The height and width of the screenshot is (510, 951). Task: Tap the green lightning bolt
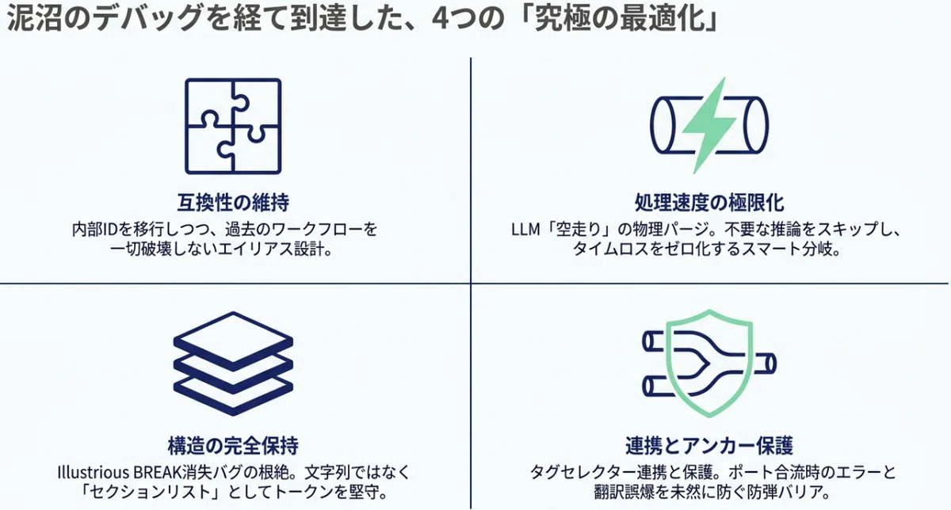(708, 126)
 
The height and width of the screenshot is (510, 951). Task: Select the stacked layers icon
(233, 363)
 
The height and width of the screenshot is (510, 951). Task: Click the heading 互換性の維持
(233, 203)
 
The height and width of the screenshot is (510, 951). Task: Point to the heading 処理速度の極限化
(709, 203)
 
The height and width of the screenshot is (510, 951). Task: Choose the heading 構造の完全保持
(233, 446)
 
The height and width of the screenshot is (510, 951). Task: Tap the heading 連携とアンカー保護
(709, 446)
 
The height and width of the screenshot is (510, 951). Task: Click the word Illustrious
(93, 472)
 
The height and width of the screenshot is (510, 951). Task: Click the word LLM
(525, 230)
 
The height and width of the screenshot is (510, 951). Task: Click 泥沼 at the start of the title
(35, 19)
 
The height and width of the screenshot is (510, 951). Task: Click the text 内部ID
(94, 230)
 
